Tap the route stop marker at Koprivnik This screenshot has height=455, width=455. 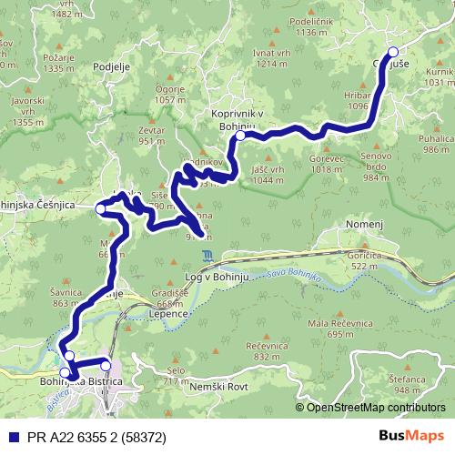pyautogui.click(x=240, y=136)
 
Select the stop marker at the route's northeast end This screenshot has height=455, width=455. pyautogui.click(x=393, y=52)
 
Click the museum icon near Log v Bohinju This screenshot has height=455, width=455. pyautogui.click(x=210, y=256)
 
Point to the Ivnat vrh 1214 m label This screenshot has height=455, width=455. pyautogui.click(x=278, y=59)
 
